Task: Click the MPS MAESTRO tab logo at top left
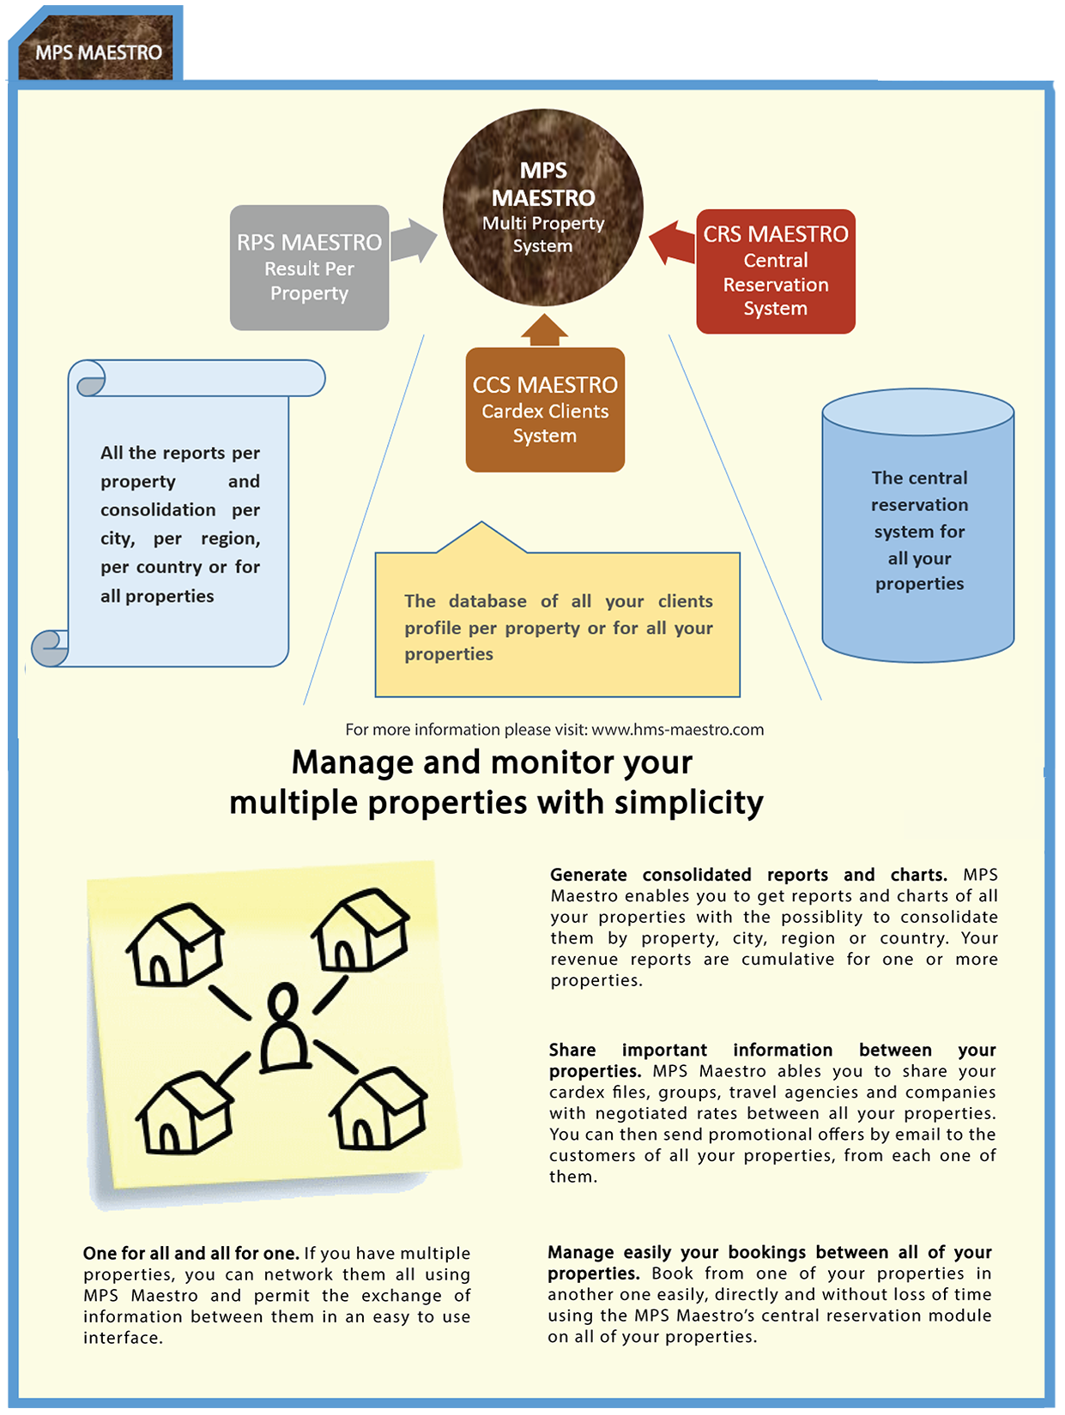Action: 98,51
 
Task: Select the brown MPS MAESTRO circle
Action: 542,208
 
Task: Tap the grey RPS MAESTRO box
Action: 309,268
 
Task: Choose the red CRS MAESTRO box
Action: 775,271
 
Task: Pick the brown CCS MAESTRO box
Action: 545,410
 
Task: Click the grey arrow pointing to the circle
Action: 415,240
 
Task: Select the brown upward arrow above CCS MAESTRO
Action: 544,330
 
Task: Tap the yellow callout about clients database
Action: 558,626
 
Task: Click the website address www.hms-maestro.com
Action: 677,730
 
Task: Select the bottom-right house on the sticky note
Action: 378,1108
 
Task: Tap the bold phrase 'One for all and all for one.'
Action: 191,1253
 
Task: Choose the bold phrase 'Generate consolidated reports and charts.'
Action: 748,875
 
